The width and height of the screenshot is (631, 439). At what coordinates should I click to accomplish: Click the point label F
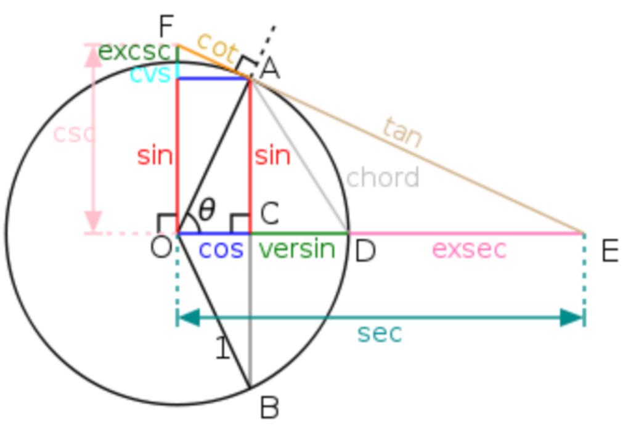[166, 27]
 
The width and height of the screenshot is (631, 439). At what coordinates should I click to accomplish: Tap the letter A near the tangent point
[270, 68]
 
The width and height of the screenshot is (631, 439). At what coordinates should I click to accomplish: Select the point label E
[610, 252]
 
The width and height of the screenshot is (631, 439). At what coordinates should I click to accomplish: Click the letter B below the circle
[269, 408]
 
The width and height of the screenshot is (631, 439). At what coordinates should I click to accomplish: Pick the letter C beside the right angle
[270, 213]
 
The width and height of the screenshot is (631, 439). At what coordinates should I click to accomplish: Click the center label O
[161, 247]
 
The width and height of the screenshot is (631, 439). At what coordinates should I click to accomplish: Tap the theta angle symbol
[207, 210]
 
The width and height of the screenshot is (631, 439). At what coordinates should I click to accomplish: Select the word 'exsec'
[469, 249]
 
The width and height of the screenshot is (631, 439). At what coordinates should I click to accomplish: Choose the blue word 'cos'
[221, 250]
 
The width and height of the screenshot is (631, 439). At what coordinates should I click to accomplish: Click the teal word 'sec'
[380, 334]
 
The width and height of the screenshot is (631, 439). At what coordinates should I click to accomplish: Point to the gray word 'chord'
[382, 177]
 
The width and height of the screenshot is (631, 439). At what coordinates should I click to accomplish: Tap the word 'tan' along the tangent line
[402, 132]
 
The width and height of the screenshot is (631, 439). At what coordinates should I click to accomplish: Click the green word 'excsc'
[134, 52]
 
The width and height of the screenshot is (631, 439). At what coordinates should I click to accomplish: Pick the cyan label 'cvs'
[150, 75]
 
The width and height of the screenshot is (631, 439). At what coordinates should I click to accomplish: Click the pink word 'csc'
[74, 134]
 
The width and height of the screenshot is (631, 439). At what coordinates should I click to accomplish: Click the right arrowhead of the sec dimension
[571, 318]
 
